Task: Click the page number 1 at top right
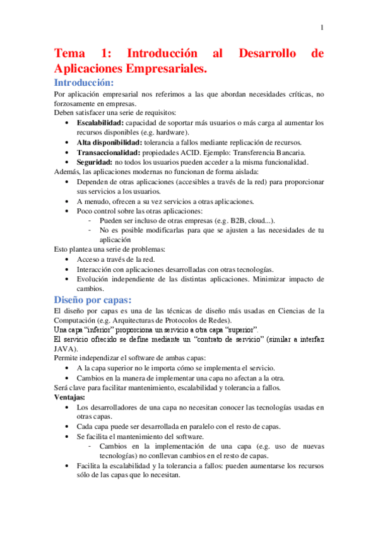[x=322, y=27]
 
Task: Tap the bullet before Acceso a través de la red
[x=68, y=259]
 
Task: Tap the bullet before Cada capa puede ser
[x=68, y=426]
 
